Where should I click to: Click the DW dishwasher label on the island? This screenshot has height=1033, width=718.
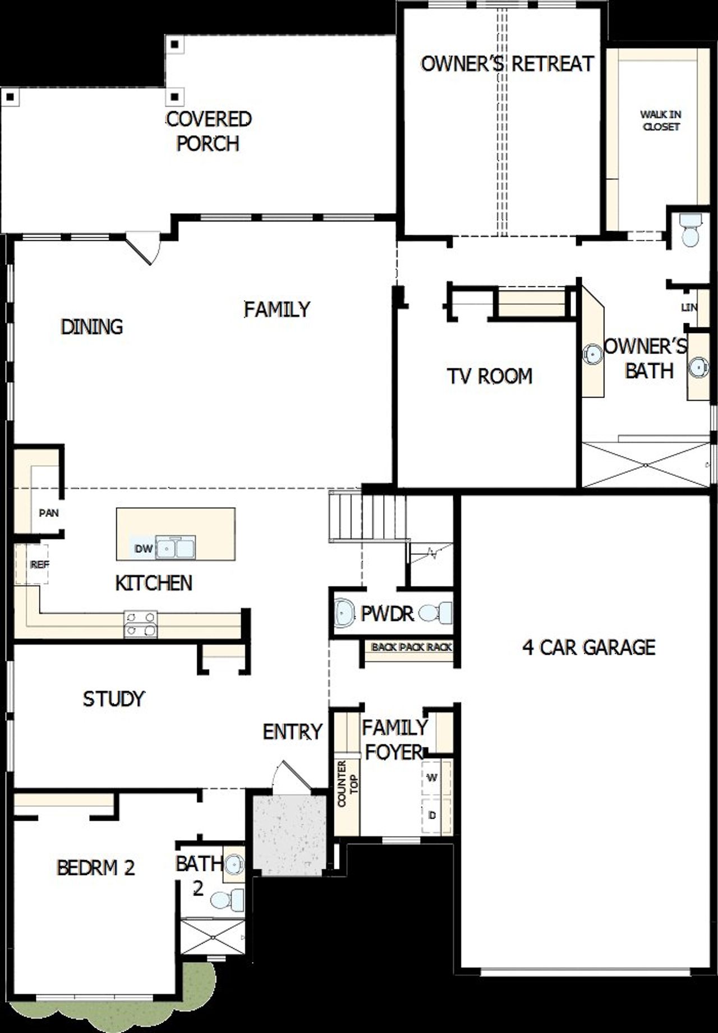[x=144, y=549]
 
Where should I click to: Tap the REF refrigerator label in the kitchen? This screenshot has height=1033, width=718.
[x=39, y=564]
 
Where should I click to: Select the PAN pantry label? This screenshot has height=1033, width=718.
[x=49, y=513]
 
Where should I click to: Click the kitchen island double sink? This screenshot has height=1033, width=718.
[x=176, y=548]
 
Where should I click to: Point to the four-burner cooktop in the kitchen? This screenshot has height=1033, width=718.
[x=140, y=624]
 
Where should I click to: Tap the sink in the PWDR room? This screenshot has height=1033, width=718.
[x=344, y=613]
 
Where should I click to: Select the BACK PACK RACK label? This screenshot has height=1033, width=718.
[x=411, y=647]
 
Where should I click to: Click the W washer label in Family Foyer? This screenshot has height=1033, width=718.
[x=432, y=778]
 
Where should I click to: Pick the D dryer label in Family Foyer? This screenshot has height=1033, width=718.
[x=432, y=815]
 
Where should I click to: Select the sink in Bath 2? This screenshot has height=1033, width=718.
[x=233, y=865]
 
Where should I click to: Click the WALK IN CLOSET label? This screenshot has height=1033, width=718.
[x=661, y=121]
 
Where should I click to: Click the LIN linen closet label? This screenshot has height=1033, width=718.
[x=689, y=307]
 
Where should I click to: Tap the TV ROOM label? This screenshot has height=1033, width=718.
[x=489, y=376]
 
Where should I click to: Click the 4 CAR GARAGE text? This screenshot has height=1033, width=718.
[x=588, y=647]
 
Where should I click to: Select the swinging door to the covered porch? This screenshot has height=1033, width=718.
[x=141, y=249]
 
